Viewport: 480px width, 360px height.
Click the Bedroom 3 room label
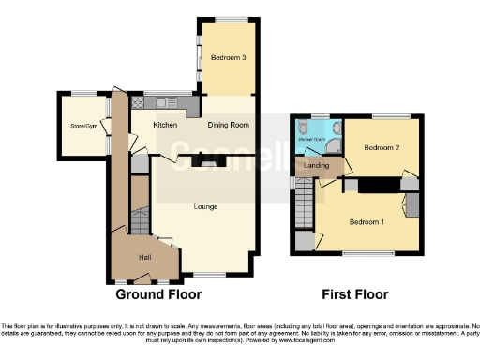click(229, 58)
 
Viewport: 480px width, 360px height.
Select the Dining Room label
click(228, 125)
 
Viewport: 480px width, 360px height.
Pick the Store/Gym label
click(84, 126)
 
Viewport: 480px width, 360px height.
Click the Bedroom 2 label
click(382, 148)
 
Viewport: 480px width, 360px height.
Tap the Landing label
click(318, 166)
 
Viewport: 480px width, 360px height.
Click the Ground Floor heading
click(158, 293)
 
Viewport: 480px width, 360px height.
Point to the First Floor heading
click(355, 293)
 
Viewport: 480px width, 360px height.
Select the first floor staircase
click(306, 202)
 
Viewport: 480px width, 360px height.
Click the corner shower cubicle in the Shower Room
click(332, 126)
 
